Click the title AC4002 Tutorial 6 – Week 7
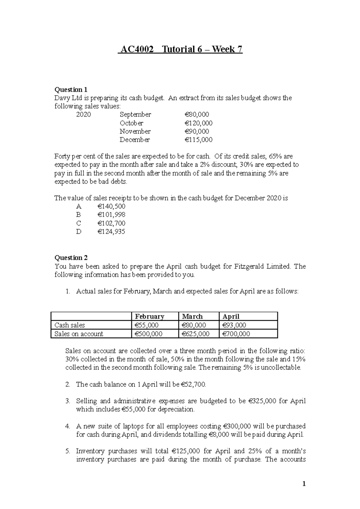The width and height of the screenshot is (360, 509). (180, 49)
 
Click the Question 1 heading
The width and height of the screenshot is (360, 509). (71, 90)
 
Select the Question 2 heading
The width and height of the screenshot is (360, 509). (71, 258)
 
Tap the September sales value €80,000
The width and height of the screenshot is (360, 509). (196, 115)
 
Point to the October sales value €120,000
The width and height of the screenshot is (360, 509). (198, 123)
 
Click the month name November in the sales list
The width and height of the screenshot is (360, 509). (135, 131)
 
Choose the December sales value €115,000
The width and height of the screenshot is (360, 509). (198, 140)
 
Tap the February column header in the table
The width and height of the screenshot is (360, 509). (149, 317)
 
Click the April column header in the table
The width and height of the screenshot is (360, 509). (231, 317)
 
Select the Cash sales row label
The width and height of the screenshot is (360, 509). (70, 325)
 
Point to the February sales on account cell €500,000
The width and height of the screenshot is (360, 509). (149, 334)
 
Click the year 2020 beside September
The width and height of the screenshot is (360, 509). (83, 115)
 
